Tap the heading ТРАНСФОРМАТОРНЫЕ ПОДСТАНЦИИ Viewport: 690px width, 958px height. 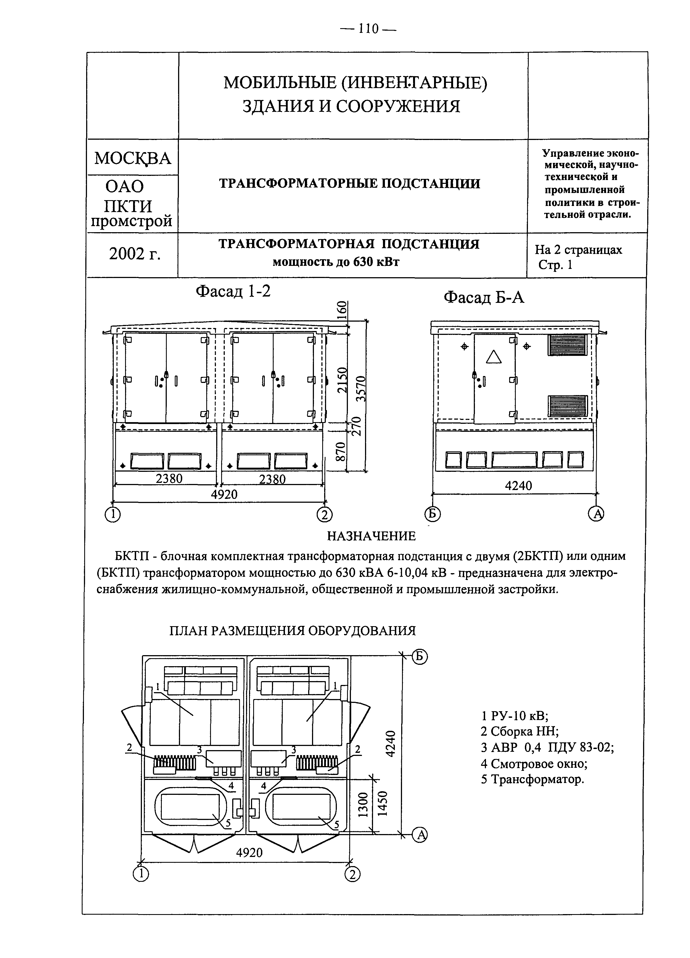tap(350, 184)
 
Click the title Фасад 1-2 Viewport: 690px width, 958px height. tap(233, 291)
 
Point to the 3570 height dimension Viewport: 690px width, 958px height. tap(361, 388)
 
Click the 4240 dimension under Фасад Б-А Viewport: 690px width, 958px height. tap(519, 486)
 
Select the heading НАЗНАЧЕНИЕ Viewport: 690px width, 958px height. tap(371, 536)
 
